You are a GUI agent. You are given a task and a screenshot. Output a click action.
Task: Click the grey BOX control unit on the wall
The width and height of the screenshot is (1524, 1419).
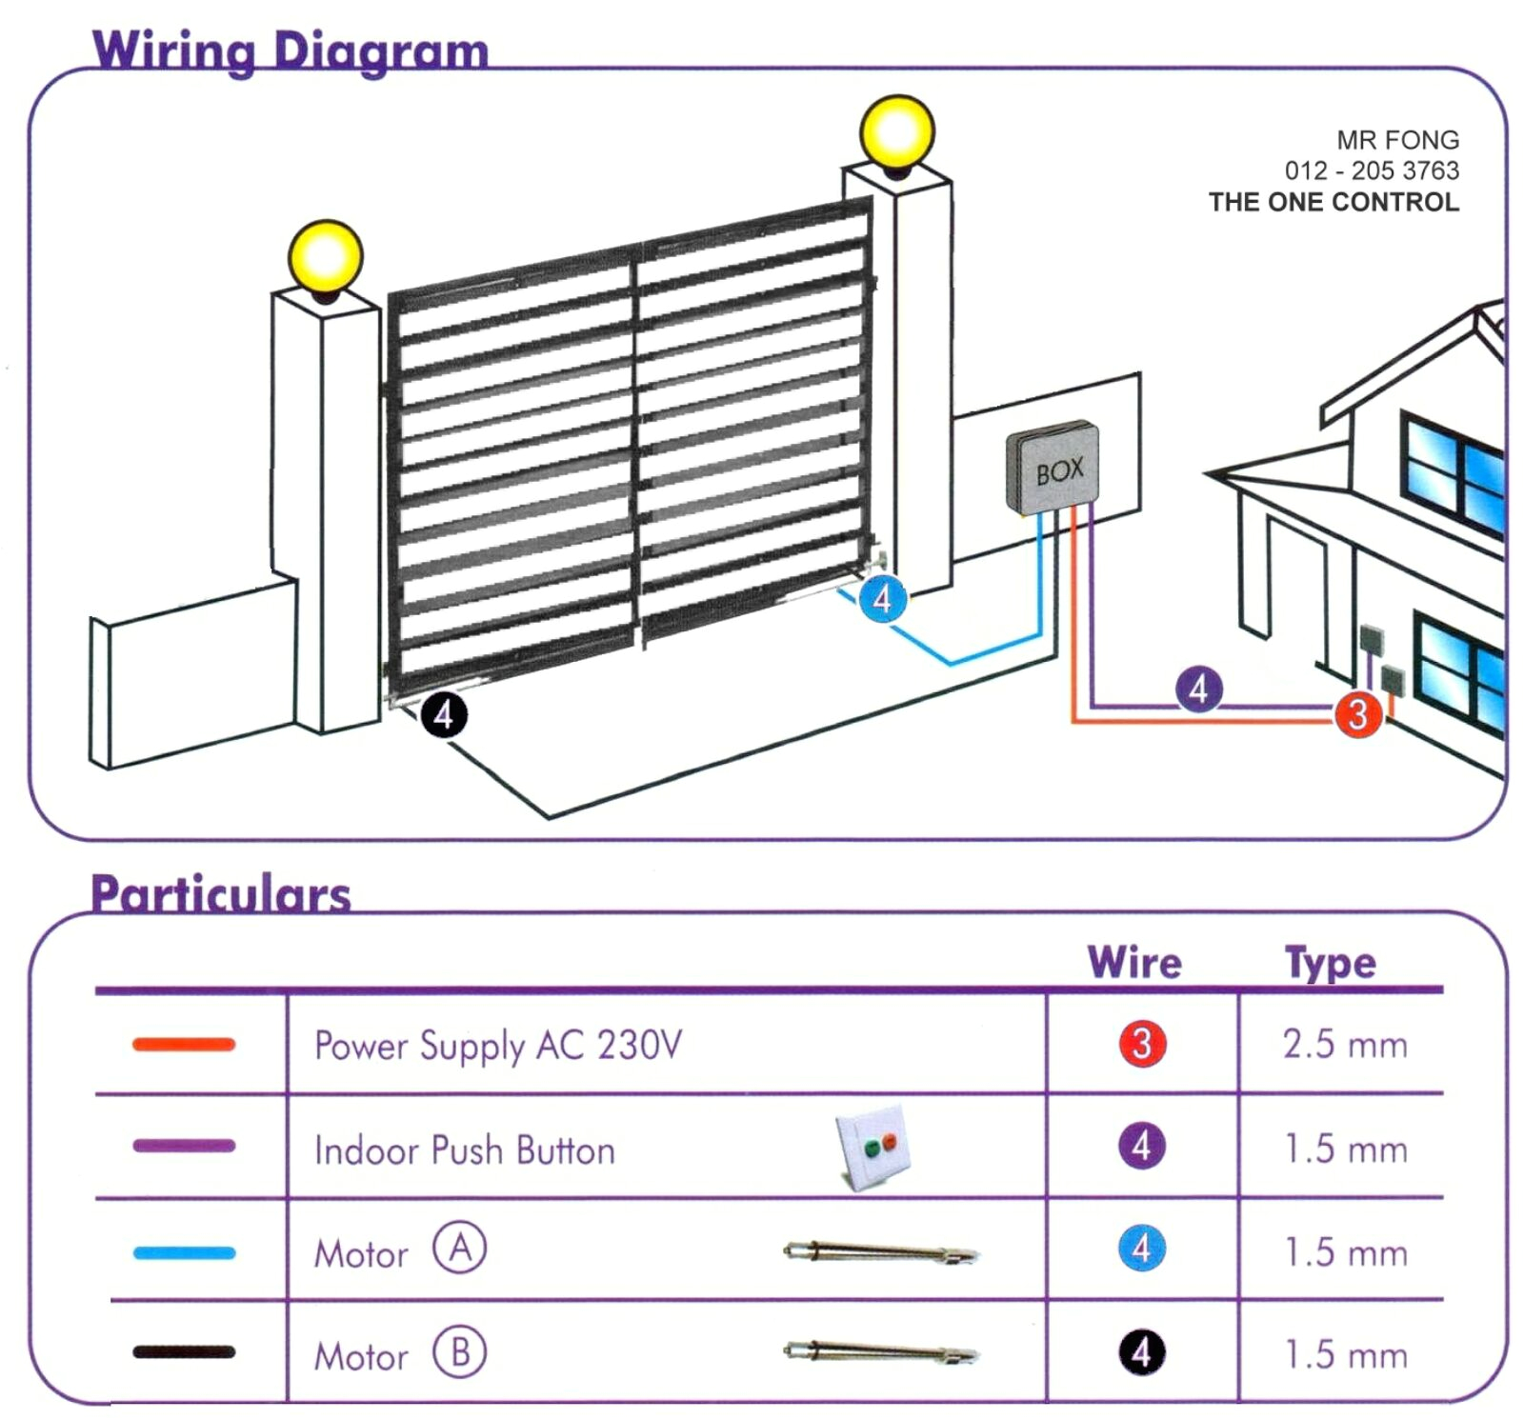click(x=1053, y=469)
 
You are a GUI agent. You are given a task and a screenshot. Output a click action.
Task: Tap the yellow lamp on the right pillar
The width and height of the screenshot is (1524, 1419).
click(x=896, y=131)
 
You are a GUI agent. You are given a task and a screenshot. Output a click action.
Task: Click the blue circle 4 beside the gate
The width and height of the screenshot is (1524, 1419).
click(x=882, y=599)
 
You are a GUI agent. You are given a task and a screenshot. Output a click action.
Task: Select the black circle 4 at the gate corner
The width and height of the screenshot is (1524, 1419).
click(x=444, y=714)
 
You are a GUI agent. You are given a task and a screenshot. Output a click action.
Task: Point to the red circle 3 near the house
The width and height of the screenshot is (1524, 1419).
click(x=1357, y=713)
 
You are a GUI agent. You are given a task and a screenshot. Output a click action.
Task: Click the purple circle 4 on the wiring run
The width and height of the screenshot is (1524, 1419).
click(x=1198, y=689)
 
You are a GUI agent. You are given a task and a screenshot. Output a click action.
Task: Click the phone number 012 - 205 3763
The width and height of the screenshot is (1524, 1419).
click(x=1371, y=170)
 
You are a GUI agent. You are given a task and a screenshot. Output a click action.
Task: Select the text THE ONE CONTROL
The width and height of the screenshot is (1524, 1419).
click(x=1333, y=202)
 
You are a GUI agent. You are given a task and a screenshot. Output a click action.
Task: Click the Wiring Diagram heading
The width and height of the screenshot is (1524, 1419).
click(x=291, y=50)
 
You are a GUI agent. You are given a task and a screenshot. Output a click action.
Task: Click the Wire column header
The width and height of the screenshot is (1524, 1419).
click(x=1133, y=962)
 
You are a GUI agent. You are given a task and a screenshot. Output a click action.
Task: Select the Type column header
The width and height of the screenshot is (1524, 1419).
click(x=1330, y=962)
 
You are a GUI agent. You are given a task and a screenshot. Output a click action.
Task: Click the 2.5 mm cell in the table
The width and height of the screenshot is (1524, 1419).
click(x=1344, y=1045)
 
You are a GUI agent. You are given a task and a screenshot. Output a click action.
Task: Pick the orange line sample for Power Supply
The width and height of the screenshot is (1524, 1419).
click(x=184, y=1045)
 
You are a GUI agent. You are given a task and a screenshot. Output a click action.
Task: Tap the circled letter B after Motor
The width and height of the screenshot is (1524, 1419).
click(x=459, y=1351)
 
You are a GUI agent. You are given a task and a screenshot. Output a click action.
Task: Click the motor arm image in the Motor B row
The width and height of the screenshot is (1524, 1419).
click(x=881, y=1351)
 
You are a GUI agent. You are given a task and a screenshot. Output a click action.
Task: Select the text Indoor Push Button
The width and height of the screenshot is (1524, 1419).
click(x=465, y=1150)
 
